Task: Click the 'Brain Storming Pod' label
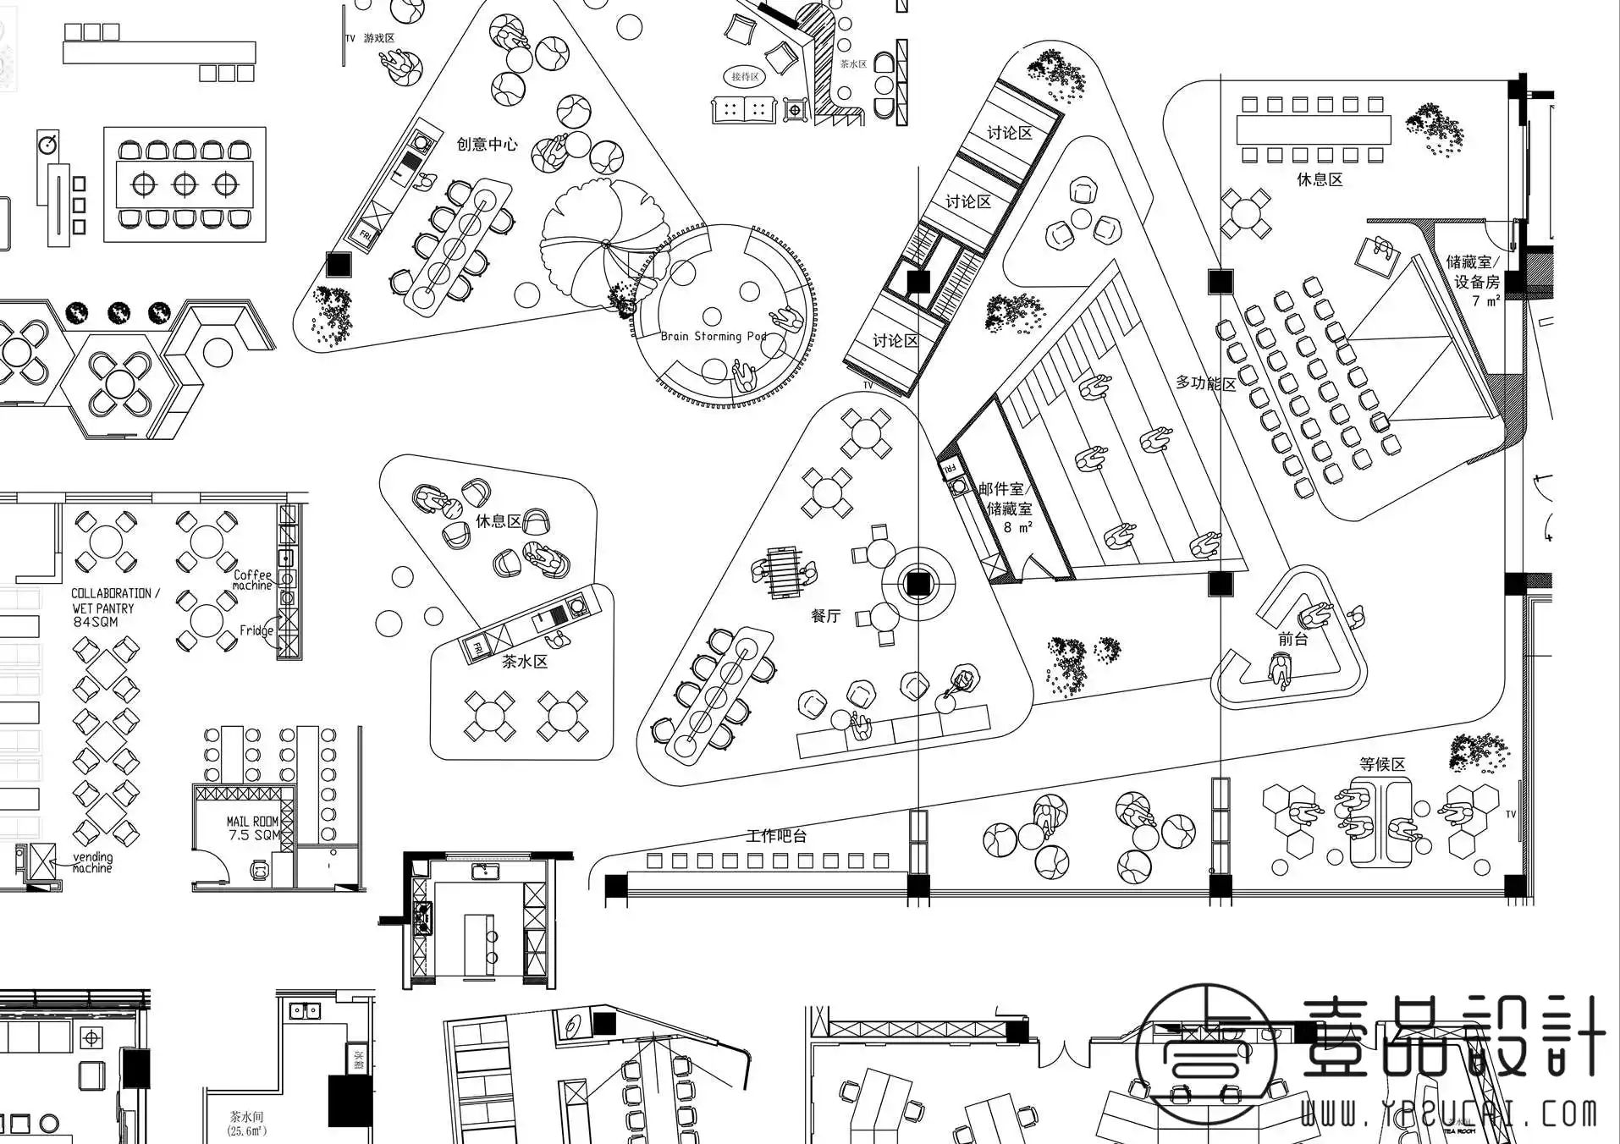[x=713, y=336]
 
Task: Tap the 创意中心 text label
[x=487, y=145]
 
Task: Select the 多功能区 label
[x=1205, y=383]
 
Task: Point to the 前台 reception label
[x=1292, y=639]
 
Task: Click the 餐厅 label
[x=825, y=616]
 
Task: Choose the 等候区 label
[x=1382, y=764]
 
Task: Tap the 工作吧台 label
[x=776, y=836]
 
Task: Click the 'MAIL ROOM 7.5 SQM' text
[x=252, y=828]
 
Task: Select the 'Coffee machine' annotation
[x=252, y=580]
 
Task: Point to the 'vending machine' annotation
[x=92, y=862]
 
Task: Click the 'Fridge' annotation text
[x=256, y=630]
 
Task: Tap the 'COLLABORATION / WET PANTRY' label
[x=114, y=601]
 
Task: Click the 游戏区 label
[x=379, y=38]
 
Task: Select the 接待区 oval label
[x=745, y=77]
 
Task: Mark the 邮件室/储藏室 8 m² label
[x=1006, y=508]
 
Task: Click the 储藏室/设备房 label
[x=1476, y=272]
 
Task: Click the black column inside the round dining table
[x=917, y=584]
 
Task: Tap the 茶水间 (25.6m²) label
[x=246, y=1123]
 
